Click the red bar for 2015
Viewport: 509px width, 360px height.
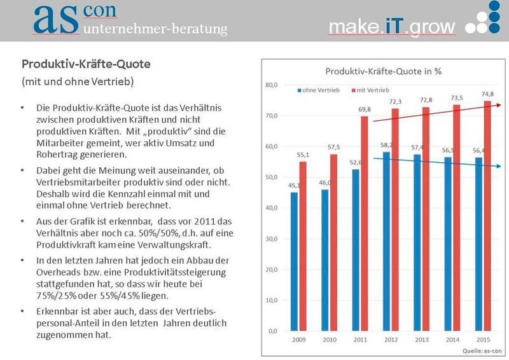[x=487, y=216]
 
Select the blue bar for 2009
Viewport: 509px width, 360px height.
[x=294, y=261]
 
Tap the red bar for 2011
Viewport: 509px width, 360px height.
[x=365, y=223]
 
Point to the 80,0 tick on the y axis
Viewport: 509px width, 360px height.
[x=271, y=85]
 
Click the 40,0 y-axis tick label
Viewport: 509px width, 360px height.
[x=271, y=208]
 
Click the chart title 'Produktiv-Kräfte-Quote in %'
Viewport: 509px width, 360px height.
[x=383, y=71]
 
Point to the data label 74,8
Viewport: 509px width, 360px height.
[x=487, y=93]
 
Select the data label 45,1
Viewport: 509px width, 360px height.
[x=294, y=186]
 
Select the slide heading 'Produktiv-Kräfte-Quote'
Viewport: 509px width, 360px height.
[x=86, y=65]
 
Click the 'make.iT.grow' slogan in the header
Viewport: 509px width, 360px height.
[x=392, y=27]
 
